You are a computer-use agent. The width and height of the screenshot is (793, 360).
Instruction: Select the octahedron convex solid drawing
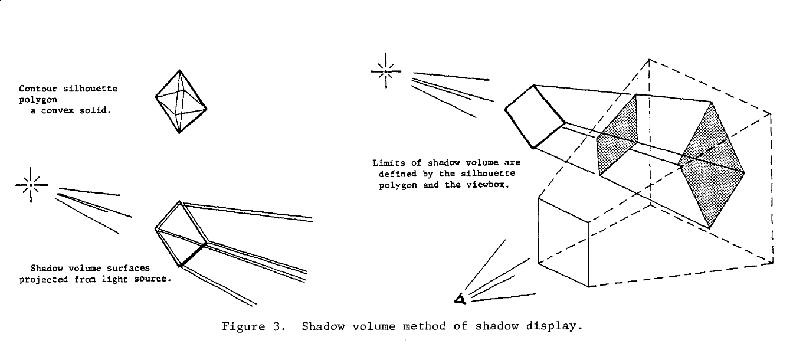181,102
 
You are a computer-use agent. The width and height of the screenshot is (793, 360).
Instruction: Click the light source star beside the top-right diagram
386,71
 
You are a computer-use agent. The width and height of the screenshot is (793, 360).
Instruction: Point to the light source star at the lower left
31,185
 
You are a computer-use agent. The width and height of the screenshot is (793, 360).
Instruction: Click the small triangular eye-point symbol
460,299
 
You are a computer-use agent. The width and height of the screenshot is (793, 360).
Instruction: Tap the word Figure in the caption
244,326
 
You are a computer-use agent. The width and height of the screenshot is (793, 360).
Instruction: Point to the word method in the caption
424,326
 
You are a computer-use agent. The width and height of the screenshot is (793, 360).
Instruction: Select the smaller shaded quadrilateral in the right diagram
617,135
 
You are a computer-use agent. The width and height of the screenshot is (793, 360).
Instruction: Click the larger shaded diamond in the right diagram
711,165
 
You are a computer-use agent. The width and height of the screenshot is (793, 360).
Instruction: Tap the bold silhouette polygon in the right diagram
535,117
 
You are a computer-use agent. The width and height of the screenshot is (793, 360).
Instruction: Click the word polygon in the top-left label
38,100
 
